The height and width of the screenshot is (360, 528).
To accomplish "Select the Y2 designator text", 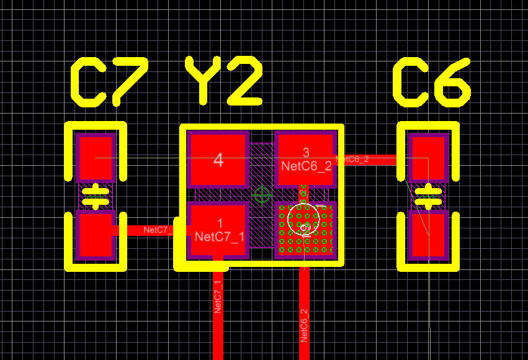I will point(223,81).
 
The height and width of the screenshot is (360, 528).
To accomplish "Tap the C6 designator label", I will point(432,81).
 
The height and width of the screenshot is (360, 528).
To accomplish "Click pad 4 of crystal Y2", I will point(218,160).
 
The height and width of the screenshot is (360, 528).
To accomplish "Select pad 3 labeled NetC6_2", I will point(305,159).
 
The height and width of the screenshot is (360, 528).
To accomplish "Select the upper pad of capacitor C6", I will point(429,158).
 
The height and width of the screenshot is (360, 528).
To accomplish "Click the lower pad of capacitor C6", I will point(429,235).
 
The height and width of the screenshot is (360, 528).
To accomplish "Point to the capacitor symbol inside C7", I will point(96,196).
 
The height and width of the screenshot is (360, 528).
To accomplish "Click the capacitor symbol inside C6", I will point(429,196).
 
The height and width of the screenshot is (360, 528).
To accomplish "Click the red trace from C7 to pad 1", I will point(149,230).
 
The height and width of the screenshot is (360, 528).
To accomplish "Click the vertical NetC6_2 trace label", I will point(304,325).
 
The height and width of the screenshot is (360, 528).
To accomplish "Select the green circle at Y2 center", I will point(262,195).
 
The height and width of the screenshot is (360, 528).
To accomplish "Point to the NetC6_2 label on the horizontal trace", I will point(352,160).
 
